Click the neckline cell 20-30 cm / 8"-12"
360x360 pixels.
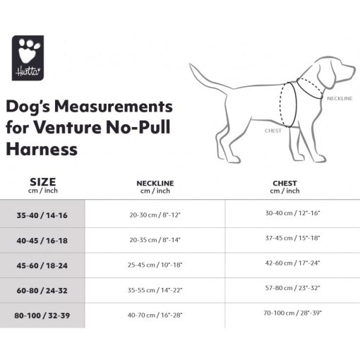(155, 214)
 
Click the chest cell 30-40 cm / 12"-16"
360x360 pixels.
(292, 212)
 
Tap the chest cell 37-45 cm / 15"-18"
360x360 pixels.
(292, 238)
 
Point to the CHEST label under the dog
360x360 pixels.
(273, 131)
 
